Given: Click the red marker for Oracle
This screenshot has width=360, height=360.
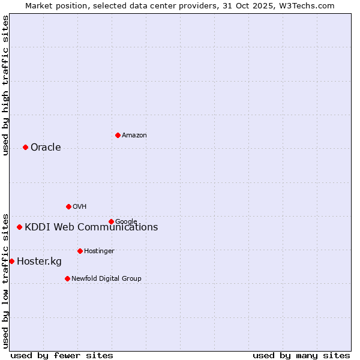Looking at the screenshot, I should (25, 147).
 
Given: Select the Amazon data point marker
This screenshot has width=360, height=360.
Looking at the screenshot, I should (118, 135).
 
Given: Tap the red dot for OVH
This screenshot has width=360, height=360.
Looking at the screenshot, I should (68, 206).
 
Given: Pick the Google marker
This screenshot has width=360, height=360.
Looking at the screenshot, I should (111, 221).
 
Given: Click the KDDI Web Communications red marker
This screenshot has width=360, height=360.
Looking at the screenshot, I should (19, 227).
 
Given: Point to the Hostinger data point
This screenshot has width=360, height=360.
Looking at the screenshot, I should (80, 251).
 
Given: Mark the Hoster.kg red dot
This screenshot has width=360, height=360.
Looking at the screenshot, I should (11, 261).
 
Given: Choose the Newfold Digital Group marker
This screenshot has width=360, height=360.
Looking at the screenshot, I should (67, 278).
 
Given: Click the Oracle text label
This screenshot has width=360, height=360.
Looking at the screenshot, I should (46, 148).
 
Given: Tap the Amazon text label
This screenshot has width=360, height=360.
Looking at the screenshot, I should (134, 136).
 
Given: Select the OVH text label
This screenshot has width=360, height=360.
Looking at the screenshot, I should (79, 207).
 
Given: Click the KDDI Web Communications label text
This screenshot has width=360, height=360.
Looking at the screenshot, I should (91, 227).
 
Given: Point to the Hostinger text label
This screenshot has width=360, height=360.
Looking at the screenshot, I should (99, 251).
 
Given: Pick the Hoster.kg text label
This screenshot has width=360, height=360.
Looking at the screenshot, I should (39, 262).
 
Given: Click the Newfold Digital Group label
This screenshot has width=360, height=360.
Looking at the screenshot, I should (106, 279).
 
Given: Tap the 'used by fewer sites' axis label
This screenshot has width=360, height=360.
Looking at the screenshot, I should (62, 355).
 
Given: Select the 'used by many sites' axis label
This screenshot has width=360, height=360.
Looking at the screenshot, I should (301, 355).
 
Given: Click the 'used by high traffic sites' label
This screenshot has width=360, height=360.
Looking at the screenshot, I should (5, 85).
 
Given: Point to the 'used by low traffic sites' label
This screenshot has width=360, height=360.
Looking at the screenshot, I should (5, 280).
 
